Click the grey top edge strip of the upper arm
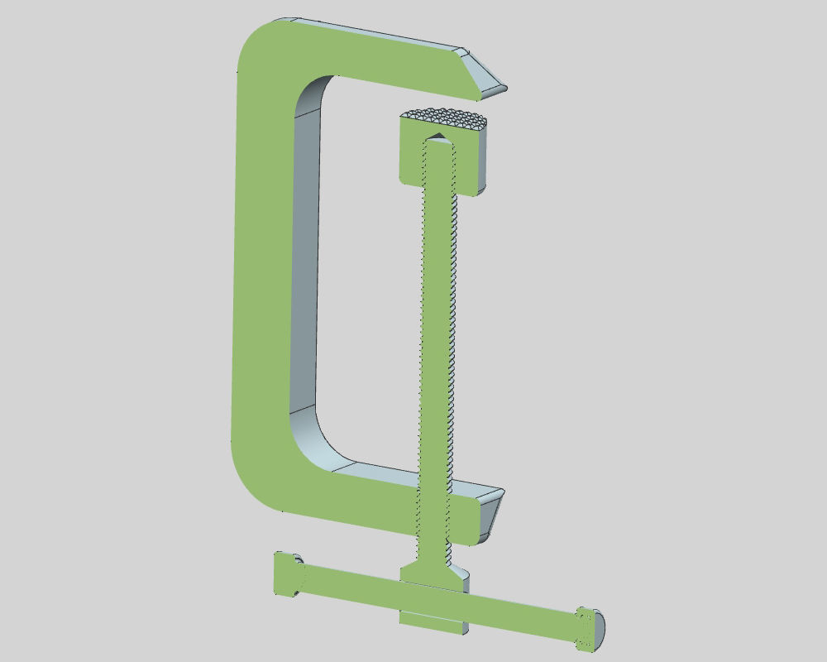[x=372, y=32]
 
